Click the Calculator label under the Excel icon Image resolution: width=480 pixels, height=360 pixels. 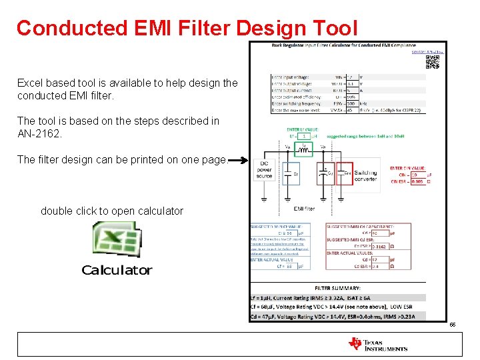(x=117, y=270)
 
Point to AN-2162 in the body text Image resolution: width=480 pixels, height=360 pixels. (x=40, y=133)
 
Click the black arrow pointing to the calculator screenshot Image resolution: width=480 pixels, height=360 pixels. (x=238, y=161)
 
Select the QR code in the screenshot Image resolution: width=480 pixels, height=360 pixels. (x=432, y=62)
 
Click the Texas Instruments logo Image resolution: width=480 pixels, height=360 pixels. (x=377, y=344)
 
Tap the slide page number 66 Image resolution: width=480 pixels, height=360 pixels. (x=452, y=325)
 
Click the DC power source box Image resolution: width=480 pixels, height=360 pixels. (x=264, y=170)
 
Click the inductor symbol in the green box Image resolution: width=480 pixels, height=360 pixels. (x=304, y=149)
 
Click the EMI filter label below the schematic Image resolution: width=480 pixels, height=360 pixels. (x=304, y=209)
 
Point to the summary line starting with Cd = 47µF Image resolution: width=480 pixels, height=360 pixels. (x=333, y=316)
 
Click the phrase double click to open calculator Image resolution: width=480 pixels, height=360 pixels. (x=112, y=211)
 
